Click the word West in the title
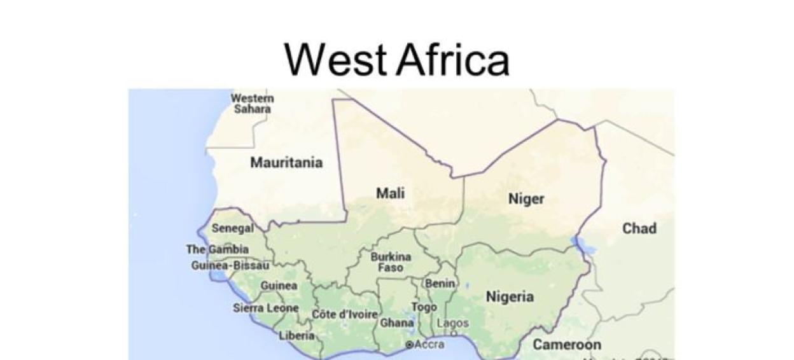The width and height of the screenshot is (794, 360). coord(335,60)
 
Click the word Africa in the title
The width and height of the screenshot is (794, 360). coord(452,60)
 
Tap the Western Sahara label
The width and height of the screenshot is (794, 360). coord(253,104)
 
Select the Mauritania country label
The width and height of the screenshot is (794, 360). coord(286,163)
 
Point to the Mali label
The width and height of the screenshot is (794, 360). coord(390,193)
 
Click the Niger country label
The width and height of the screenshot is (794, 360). coord(526,199)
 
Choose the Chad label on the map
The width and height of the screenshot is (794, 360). coord(639,228)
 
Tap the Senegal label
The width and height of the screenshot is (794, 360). coord(232,228)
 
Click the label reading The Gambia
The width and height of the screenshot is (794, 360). coord(217,249)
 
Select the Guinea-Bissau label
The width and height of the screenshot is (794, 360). coord(230,265)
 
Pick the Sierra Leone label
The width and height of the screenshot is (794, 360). coord(265,308)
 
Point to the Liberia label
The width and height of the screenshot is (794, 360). coord(296,335)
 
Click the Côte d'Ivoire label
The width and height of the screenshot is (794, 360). coord(345,314)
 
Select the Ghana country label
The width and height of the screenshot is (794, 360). coord(397,322)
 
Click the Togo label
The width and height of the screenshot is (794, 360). coord(424,307)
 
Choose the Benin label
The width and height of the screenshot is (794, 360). coord(440,284)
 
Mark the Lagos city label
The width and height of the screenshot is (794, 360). coord(452,323)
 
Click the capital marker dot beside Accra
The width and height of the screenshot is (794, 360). coord(409,345)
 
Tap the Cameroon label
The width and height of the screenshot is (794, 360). coord(566,345)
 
